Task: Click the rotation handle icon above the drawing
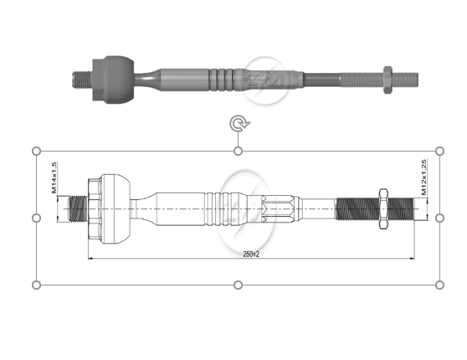(x=239, y=124)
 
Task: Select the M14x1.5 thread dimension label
(x=54, y=177)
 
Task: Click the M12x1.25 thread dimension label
(x=425, y=177)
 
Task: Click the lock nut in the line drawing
(x=382, y=208)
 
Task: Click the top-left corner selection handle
(x=37, y=151)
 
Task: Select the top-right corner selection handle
(x=440, y=151)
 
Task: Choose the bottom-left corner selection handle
(x=37, y=285)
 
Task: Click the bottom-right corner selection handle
(x=440, y=285)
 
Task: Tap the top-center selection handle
(x=239, y=151)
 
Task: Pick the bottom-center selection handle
(x=239, y=285)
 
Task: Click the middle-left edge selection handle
(x=37, y=218)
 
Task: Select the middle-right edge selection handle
(x=440, y=218)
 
